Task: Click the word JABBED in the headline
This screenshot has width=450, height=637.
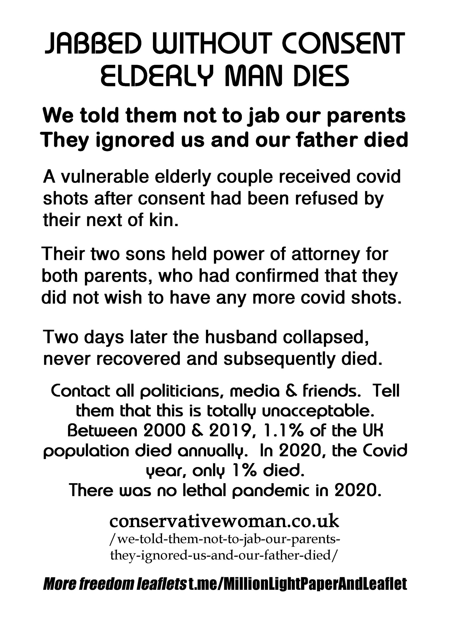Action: click(x=93, y=44)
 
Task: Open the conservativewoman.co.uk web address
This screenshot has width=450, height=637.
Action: click(x=224, y=522)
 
